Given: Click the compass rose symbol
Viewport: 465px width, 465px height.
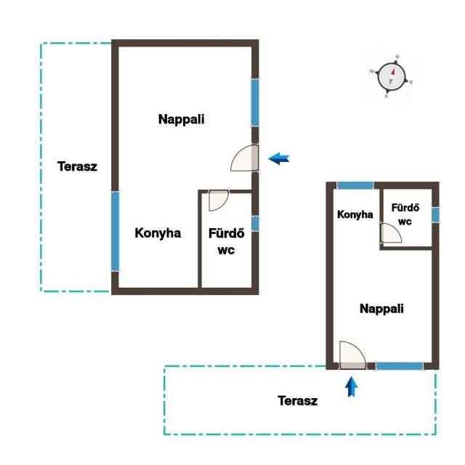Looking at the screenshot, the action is point(392,76).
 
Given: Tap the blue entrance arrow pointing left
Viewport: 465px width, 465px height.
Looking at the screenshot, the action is point(279,158).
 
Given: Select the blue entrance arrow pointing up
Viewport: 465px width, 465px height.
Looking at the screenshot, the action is point(352,387).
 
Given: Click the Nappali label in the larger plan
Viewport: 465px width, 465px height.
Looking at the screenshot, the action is point(181,119).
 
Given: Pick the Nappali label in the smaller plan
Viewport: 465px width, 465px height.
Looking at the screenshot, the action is point(381,309).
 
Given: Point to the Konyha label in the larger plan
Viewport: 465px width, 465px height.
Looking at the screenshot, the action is point(158,233).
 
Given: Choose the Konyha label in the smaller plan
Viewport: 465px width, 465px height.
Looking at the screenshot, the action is point(355,214).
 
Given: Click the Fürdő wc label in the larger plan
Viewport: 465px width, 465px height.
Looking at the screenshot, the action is point(226,241).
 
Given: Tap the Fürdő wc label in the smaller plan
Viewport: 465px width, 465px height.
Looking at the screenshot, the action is point(405,214).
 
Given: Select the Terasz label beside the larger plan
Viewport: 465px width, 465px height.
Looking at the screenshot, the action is point(77,166).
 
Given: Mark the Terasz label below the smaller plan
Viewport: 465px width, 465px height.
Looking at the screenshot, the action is point(297,401).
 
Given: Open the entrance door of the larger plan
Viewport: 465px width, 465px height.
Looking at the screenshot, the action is point(244,158).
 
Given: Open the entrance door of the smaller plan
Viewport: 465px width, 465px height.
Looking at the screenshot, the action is point(352,355).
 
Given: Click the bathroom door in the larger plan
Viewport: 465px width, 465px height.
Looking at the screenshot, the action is point(219,201).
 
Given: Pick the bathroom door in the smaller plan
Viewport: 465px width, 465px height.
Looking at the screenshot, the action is point(391,233).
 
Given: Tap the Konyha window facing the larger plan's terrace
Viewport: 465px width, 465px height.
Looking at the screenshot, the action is point(115,232).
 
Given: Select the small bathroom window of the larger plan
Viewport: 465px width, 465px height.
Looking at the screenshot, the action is point(255,224).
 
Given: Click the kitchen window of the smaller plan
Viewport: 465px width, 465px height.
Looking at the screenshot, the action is point(355,185).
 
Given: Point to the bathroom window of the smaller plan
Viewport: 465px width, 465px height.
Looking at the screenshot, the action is point(435,215).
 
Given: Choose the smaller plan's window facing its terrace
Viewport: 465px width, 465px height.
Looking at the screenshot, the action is point(400,366).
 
